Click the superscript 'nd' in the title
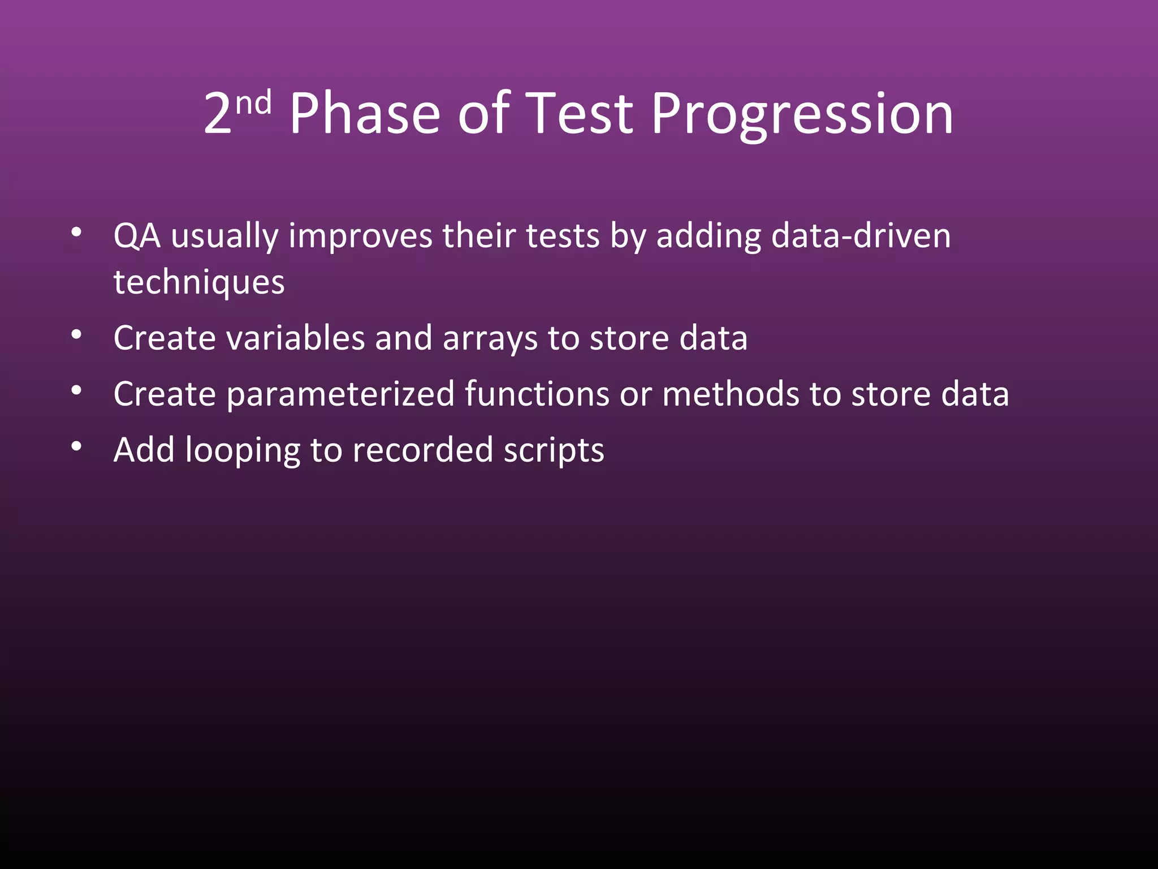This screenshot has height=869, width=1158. point(253,104)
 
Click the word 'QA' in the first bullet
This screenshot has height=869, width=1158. point(137,236)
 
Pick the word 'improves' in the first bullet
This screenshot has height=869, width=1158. point(360,236)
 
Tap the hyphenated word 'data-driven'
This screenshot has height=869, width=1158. point(860,236)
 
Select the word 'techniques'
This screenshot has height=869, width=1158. point(199,282)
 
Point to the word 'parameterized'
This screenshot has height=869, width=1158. point(340,394)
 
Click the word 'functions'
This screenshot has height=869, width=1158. point(537,394)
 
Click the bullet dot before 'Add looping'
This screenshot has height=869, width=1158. point(77,447)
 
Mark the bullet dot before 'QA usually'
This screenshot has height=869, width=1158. point(77,233)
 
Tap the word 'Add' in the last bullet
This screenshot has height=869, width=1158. point(144,450)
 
